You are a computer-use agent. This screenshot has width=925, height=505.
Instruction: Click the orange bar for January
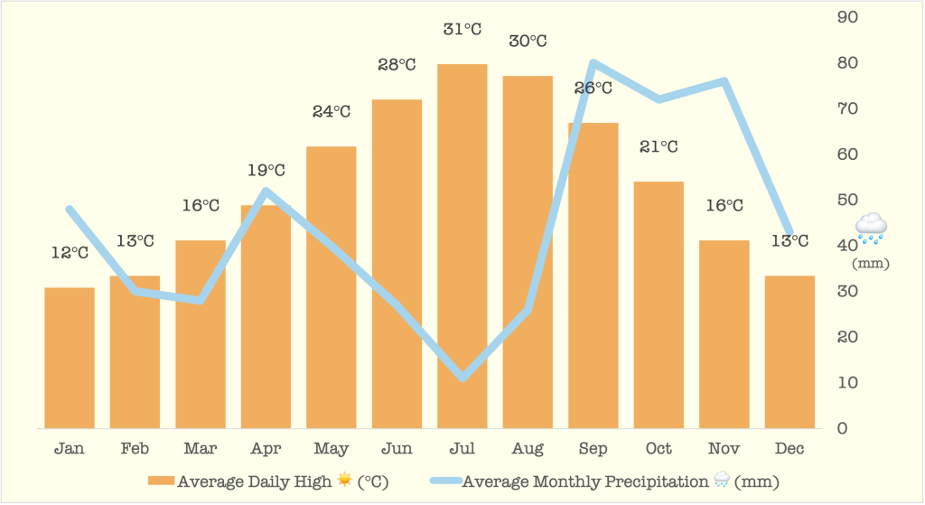point(70,358)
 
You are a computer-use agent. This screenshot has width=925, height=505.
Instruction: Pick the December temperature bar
point(790,351)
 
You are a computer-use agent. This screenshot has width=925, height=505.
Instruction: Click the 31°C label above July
point(462,29)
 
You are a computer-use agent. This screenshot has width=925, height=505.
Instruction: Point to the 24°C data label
point(332,112)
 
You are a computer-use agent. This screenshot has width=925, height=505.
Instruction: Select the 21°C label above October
point(659,146)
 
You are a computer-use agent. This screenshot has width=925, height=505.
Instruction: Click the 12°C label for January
point(70,253)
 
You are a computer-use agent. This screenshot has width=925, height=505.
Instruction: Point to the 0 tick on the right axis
point(842,428)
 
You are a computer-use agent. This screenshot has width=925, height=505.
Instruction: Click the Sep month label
point(593,449)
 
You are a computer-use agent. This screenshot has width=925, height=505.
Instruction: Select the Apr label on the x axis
point(266,449)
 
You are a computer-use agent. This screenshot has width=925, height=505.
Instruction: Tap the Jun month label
point(397,449)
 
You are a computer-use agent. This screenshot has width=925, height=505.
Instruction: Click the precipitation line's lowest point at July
point(462,377)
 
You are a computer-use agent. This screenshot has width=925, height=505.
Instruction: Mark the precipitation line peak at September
point(593,63)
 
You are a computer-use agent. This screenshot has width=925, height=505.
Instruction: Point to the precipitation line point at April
point(266,191)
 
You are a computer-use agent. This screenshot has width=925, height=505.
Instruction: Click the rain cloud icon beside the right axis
point(872,228)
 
